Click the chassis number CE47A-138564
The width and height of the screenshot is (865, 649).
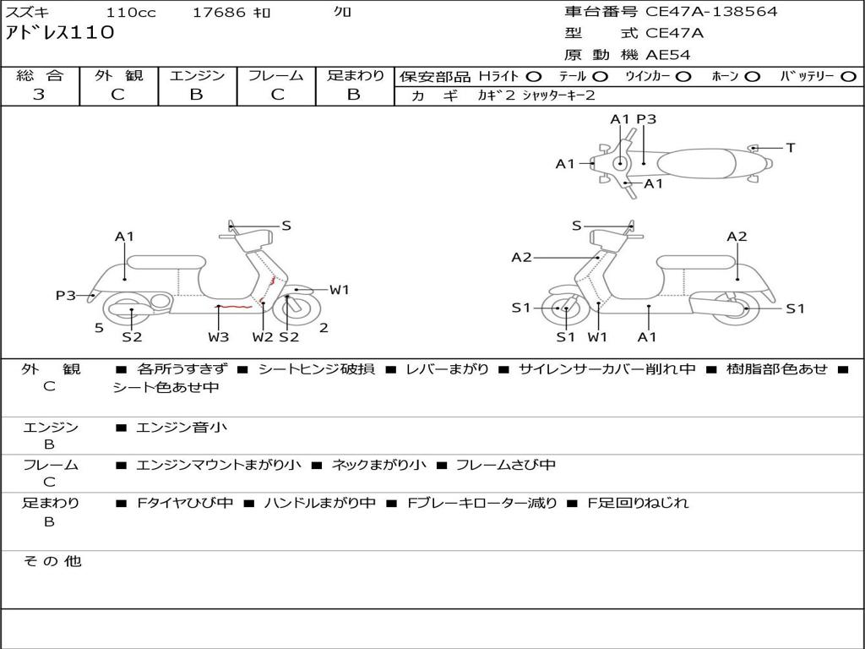[x=711, y=12]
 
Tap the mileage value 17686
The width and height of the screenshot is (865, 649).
[x=219, y=13]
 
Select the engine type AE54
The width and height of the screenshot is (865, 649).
[x=668, y=55]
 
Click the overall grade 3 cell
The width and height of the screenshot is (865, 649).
[x=39, y=95]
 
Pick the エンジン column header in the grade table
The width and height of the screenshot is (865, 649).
[x=197, y=75]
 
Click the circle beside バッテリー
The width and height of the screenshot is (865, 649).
[x=848, y=76]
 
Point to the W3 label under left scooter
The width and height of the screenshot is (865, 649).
[x=219, y=337]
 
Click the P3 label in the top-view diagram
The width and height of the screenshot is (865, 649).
[x=646, y=119]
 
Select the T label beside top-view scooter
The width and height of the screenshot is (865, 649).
[x=791, y=148]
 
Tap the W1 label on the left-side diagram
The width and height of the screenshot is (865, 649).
[x=340, y=290]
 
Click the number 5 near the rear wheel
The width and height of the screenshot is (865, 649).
[x=99, y=328]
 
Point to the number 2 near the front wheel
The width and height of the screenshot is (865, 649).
[x=324, y=328]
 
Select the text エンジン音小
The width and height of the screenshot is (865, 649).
[x=182, y=428]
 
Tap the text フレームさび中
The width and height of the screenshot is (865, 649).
[x=505, y=465]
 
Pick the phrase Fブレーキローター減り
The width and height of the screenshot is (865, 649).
[x=481, y=503]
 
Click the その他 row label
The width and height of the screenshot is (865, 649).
[x=52, y=561]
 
